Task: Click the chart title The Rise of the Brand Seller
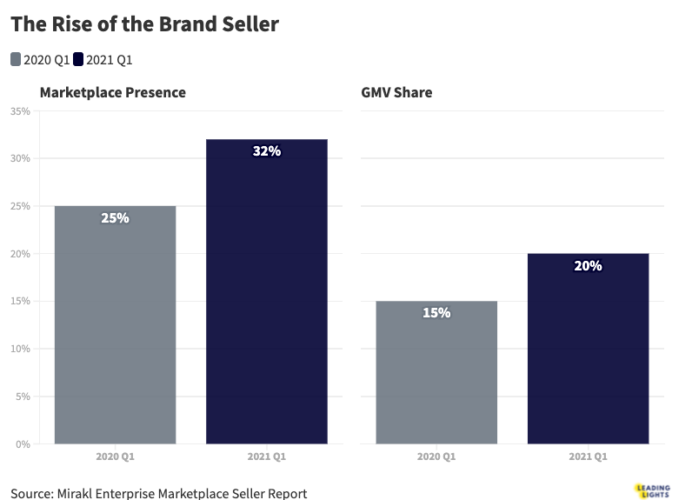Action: pyautogui.click(x=144, y=24)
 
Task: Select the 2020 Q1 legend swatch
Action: pyautogui.click(x=16, y=59)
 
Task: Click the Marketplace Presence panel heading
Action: pyautogui.click(x=113, y=92)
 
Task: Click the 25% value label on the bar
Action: pyautogui.click(x=115, y=218)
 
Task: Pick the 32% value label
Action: pyautogui.click(x=266, y=151)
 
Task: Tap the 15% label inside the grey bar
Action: pyautogui.click(x=436, y=313)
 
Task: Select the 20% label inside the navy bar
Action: pyautogui.click(x=588, y=266)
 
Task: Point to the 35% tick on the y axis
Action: pyautogui.click(x=20, y=111)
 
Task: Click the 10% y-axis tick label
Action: pyautogui.click(x=20, y=349)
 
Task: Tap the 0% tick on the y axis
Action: pyautogui.click(x=23, y=443)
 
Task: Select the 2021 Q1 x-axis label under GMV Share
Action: pyautogui.click(x=588, y=456)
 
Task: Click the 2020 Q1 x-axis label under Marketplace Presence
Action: pyautogui.click(x=115, y=456)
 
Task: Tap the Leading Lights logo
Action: pyautogui.click(x=650, y=490)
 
